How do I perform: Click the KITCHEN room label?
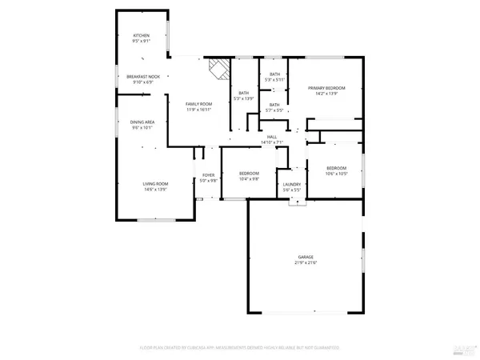click(142, 36)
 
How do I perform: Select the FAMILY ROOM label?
click(199, 105)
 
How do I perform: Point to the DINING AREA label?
click(142, 122)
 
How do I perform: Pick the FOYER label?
click(208, 175)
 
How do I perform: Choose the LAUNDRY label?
click(292, 185)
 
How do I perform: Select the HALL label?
click(272, 138)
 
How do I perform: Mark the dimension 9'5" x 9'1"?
click(142, 42)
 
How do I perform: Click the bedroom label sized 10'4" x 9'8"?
click(249, 174)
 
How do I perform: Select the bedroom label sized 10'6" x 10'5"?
click(335, 168)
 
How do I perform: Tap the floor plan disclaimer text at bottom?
click(240, 348)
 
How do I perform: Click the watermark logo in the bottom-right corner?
click(462, 348)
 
